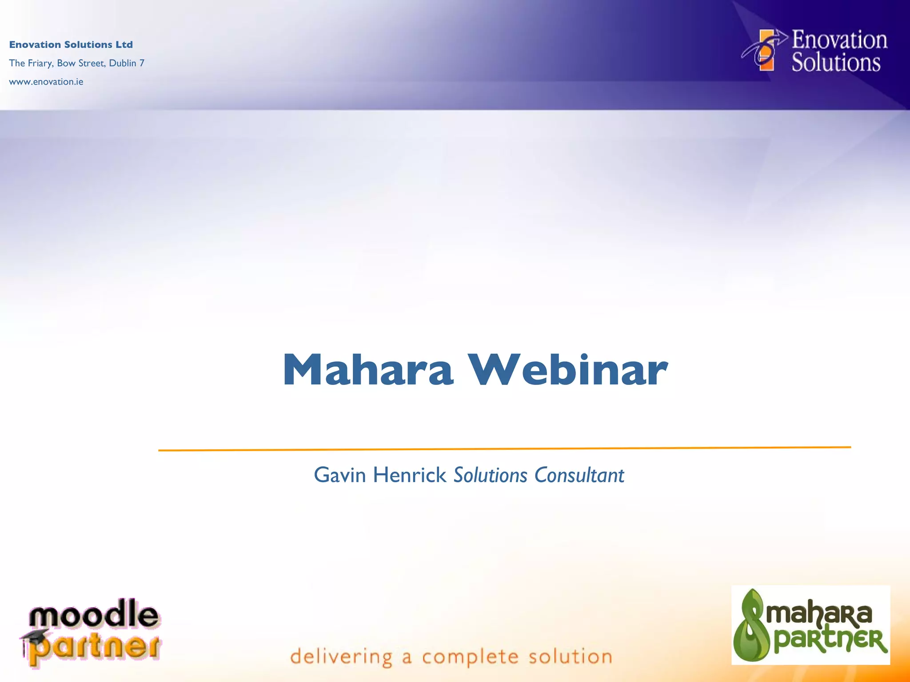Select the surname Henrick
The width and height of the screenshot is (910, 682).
[x=410, y=475]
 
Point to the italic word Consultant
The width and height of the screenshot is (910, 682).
[x=579, y=475]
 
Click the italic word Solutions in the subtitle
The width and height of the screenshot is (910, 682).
[x=490, y=475]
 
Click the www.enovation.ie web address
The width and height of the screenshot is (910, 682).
[x=46, y=82]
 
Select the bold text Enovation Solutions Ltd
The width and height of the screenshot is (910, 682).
[x=71, y=44]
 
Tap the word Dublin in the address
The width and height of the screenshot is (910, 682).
[x=123, y=63]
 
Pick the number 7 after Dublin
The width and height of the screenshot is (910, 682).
[x=142, y=63]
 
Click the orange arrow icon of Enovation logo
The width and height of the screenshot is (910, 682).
[x=765, y=50]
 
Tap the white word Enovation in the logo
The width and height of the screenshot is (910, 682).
[x=839, y=40]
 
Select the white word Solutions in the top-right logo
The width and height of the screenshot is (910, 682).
[x=836, y=63]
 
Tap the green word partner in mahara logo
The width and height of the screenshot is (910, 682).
[x=830, y=641]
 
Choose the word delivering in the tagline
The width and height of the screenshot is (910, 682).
[x=341, y=657]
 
